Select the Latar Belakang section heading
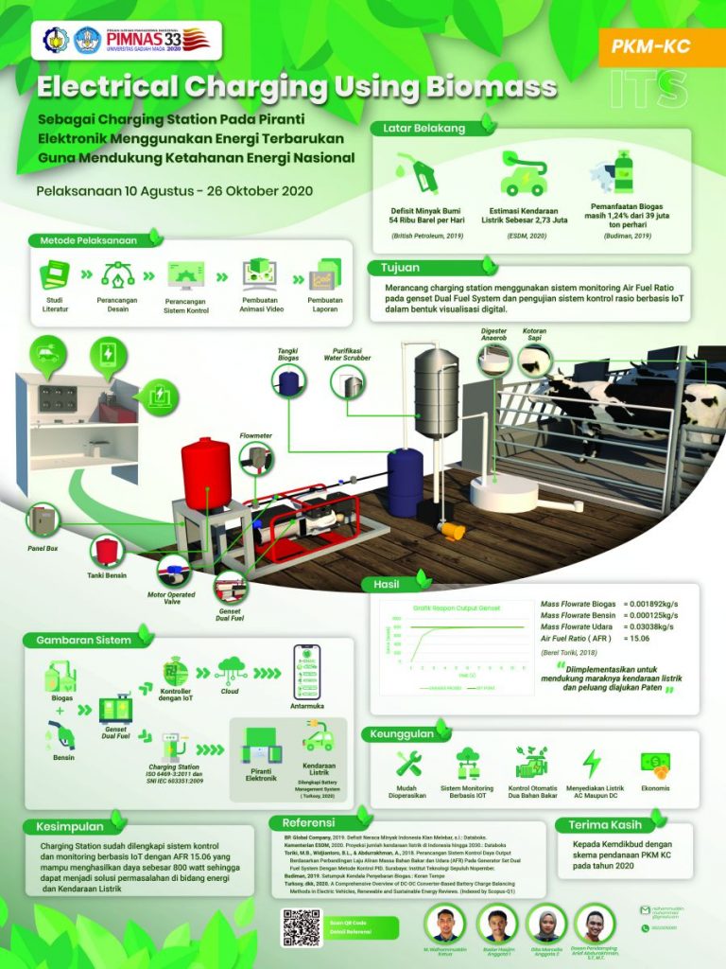pyautogui.click(x=424, y=128)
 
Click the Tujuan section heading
pyautogui.click(x=400, y=268)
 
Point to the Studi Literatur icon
pyautogui.click(x=54, y=275)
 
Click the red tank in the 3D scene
pyautogui.click(x=206, y=472)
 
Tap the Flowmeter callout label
pyautogui.click(x=256, y=436)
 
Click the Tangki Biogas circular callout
pyautogui.click(x=287, y=380)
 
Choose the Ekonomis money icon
pyautogui.click(x=653, y=762)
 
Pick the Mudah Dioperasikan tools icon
pyautogui.click(x=408, y=762)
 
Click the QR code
pyautogui.click(x=302, y=927)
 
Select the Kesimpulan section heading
pyautogui.click(x=67, y=826)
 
